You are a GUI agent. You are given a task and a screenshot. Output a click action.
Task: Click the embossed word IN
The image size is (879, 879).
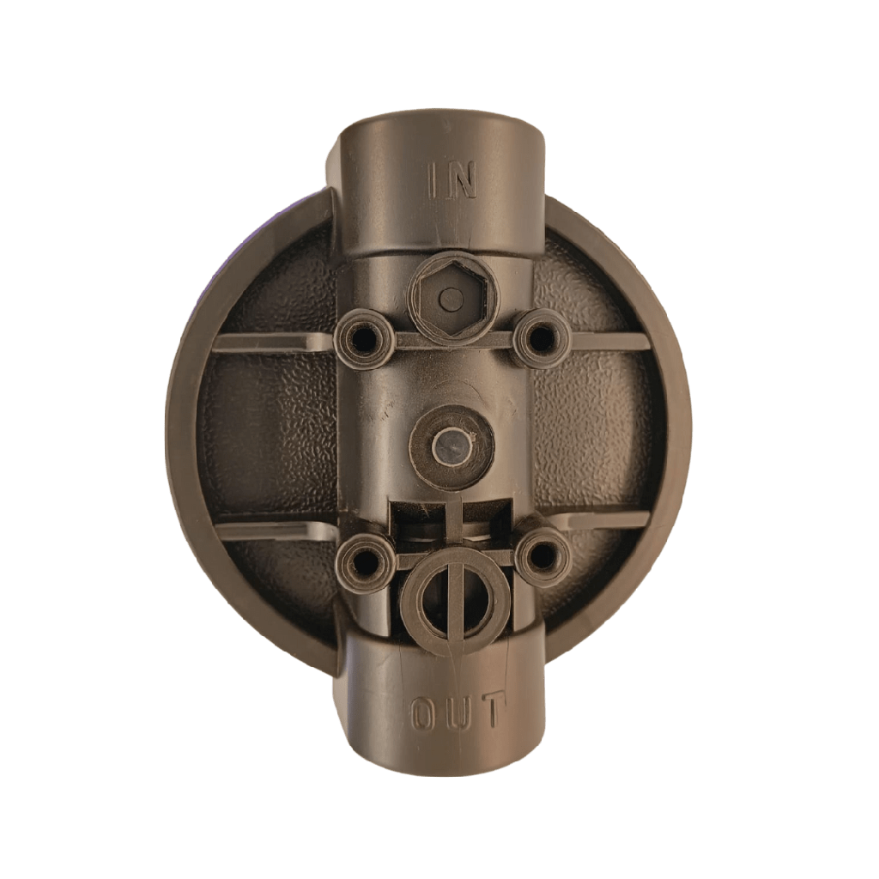click(x=452, y=180)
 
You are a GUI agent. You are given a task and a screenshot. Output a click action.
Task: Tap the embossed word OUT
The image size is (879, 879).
click(x=455, y=712)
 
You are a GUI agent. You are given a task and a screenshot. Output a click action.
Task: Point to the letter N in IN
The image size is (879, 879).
click(x=464, y=180)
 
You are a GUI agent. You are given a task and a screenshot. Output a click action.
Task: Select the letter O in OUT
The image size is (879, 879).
click(x=425, y=713)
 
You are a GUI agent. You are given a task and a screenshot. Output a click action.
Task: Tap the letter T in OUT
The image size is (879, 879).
click(x=488, y=711)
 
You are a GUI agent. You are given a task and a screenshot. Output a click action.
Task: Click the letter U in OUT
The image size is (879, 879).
click(x=457, y=713)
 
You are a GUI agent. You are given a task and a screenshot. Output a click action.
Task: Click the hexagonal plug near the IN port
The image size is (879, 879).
click(x=452, y=298)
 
